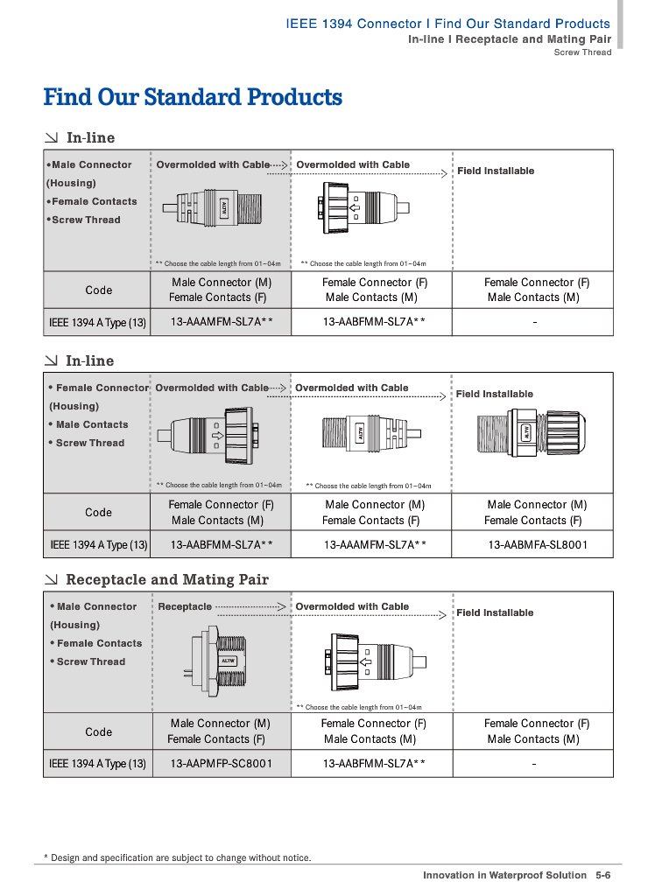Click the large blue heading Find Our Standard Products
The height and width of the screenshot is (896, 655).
tap(193, 97)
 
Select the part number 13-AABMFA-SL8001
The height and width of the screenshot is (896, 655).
tap(538, 545)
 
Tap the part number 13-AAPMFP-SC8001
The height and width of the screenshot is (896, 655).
tap(222, 764)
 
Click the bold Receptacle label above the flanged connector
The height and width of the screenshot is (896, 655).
tap(185, 606)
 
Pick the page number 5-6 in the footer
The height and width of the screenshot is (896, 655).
tap(602, 875)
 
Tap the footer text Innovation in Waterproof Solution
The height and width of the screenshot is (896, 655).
tap(504, 875)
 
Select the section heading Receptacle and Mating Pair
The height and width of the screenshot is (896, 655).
tap(167, 579)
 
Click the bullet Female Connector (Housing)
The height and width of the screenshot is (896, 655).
tap(98, 396)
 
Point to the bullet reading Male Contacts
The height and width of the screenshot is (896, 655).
tap(88, 424)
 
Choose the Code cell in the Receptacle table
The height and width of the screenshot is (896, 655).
tap(98, 731)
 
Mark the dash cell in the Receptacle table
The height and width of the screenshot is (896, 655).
tap(534, 764)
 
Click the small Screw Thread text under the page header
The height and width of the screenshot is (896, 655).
tap(582, 52)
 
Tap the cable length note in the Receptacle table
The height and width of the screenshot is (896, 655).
tap(359, 707)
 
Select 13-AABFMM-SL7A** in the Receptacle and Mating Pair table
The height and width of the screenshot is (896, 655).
tap(374, 764)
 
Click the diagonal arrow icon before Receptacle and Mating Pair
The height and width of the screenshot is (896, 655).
tap(53, 579)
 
